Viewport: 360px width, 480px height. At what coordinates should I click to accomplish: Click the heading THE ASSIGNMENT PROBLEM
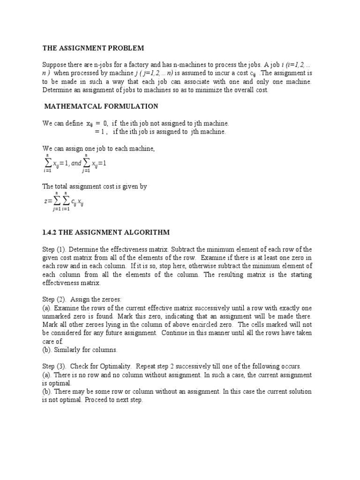click(93, 48)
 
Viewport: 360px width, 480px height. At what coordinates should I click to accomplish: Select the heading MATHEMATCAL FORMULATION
click(101, 106)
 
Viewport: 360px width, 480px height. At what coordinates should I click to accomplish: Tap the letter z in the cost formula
click(45, 202)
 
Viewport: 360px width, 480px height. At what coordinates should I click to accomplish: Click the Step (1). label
click(55, 249)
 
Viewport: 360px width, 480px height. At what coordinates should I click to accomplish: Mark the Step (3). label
click(55, 367)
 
